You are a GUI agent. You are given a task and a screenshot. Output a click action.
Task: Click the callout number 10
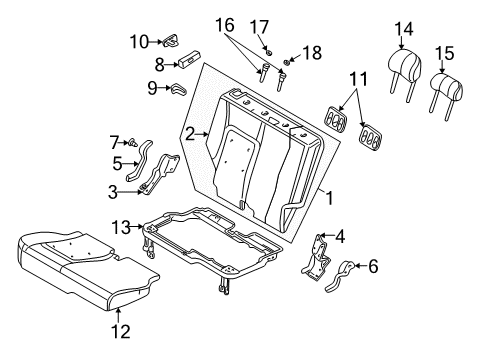point(138,41)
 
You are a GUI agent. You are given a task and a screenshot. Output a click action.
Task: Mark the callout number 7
point(115,142)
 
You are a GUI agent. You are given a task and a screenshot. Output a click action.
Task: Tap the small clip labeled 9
point(178,90)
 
